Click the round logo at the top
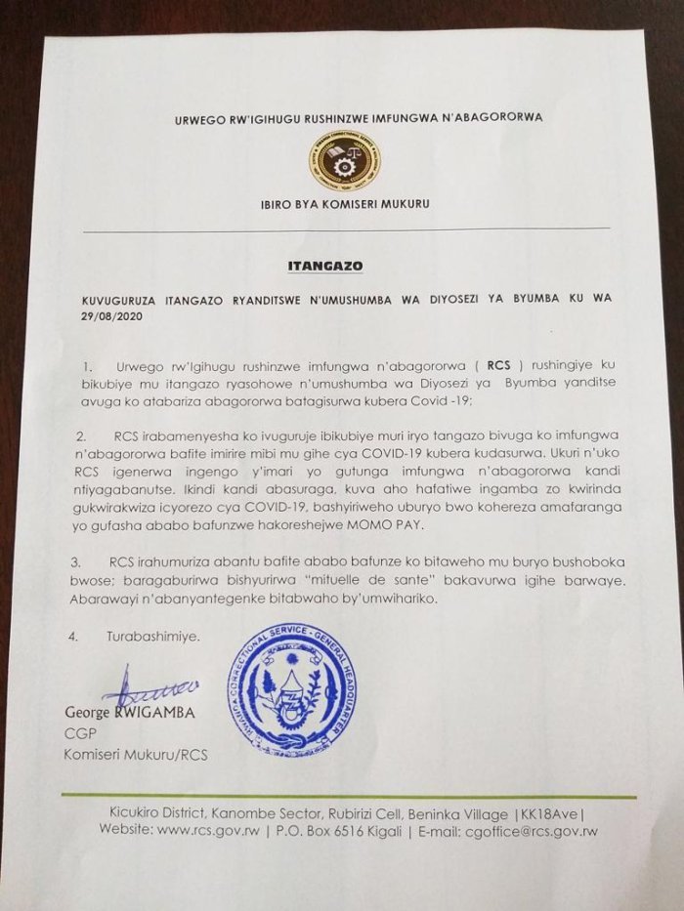tap(345, 161)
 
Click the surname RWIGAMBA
tap(156, 713)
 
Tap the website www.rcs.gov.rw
tap(212, 832)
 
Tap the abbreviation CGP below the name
tap(78, 733)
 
